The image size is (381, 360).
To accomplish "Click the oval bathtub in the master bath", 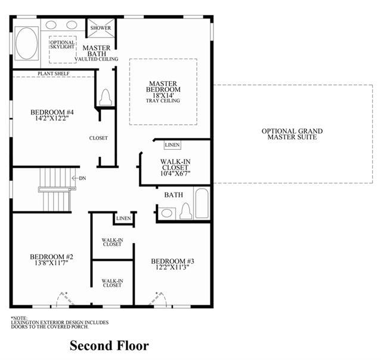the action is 26,44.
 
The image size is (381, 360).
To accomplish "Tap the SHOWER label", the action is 101,28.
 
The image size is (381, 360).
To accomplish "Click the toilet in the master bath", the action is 106,97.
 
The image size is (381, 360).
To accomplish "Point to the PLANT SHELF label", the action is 54,73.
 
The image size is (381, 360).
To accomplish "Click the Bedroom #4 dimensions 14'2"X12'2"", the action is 52,118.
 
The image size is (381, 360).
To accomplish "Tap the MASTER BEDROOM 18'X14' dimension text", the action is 163,96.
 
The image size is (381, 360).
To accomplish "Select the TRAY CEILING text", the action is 163,100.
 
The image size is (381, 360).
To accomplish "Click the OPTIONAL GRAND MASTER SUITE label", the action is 292,134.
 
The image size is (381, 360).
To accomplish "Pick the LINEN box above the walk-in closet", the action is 172,145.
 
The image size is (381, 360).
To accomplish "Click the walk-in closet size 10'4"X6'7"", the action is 175,173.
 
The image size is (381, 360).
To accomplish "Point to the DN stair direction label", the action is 82,179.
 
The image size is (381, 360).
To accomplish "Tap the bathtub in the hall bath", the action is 202,204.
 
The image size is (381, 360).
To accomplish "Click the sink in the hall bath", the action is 167,213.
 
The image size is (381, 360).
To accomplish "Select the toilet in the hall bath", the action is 186,211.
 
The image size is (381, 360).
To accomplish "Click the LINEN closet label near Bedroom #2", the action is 123,219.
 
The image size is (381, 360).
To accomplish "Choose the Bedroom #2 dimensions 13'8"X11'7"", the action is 51,263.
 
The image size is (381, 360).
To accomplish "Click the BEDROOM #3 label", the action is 172,261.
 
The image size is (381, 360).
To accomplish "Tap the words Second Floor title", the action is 109,346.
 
